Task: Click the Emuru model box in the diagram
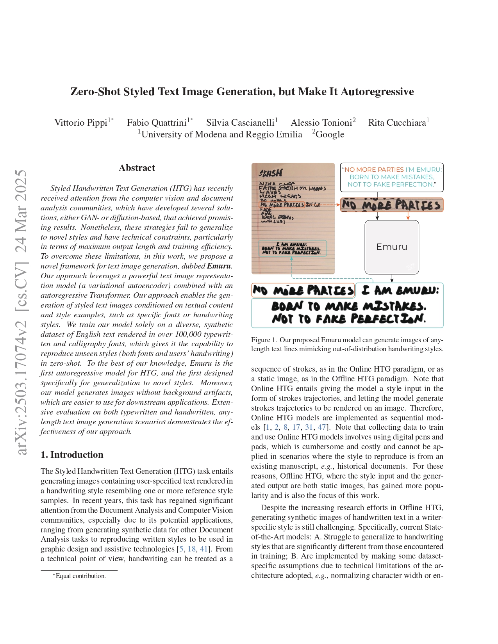391,247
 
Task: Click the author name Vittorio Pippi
80,123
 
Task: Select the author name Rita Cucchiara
397,123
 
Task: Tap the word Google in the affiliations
330,134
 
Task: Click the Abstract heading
137,168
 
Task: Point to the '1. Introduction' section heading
72,455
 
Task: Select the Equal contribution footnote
80,576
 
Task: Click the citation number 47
322,427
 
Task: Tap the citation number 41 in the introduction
204,549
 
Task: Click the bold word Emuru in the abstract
219,266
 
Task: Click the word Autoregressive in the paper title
377,92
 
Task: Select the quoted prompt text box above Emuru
392,177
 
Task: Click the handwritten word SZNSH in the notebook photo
271,173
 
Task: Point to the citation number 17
296,427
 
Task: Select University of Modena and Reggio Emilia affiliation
221,134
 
